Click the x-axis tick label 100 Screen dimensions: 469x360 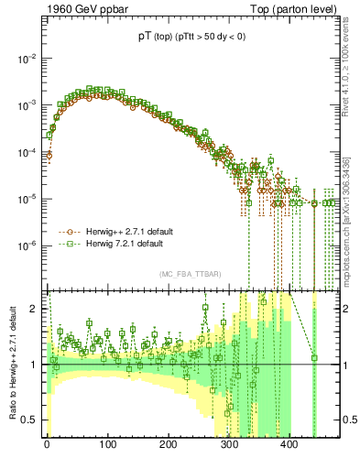coord(107,448)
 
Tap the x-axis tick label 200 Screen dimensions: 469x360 coord(169,448)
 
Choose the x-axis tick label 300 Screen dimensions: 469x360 coord(229,448)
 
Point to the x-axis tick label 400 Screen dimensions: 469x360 coord(289,448)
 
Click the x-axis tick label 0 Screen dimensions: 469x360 coord(47,448)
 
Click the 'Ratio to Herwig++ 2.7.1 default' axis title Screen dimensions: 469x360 coord(10,365)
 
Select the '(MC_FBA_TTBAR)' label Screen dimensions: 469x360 coord(189,275)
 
